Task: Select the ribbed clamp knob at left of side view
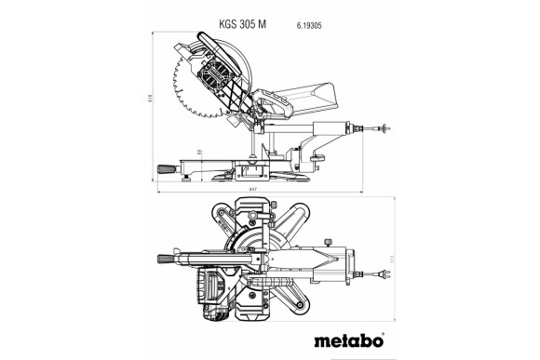tap(163, 168)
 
